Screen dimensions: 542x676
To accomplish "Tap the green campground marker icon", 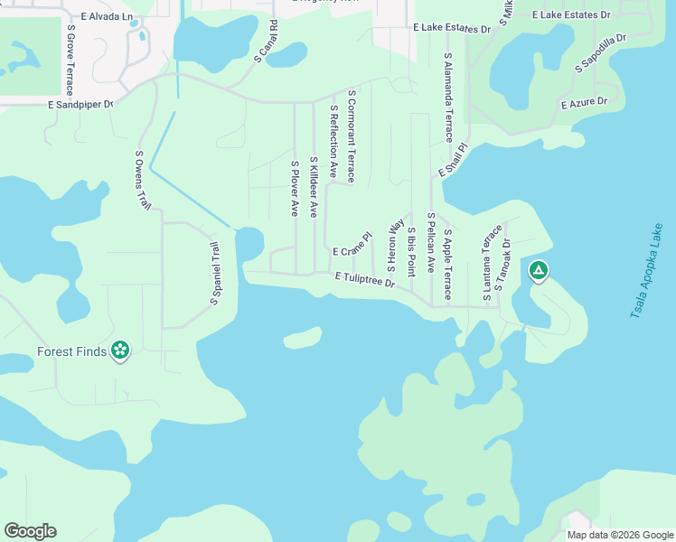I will coord(539,270).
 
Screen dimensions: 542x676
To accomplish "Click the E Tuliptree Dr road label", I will coord(365,280).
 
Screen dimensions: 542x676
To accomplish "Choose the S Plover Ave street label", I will coord(295,188).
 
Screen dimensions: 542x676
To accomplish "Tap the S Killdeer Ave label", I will coord(314,185).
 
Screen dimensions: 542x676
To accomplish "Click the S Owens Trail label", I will coord(143,181).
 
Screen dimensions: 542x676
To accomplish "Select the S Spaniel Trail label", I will coord(215,274).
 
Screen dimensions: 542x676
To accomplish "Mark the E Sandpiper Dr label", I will coord(80,105).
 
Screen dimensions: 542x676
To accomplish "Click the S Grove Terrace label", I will coord(70,60).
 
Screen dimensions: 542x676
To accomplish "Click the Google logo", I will coord(30,531).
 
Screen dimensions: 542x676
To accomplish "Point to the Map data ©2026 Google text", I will coord(620,535).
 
